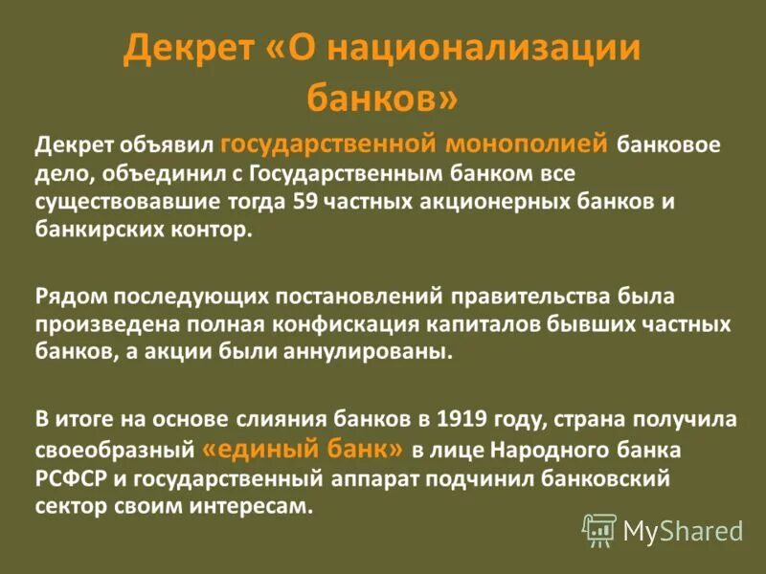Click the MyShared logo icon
[599, 528]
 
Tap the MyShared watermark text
[682, 530]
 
